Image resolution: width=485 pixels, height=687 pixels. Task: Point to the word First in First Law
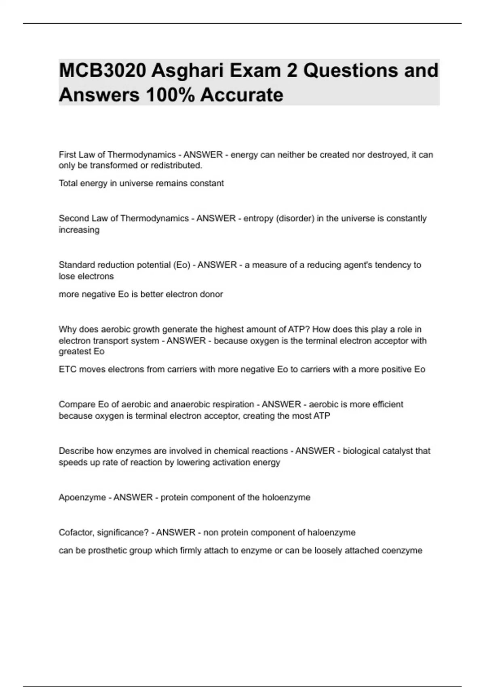pos(67,155)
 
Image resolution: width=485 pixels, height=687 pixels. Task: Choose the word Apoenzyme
pos(82,497)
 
